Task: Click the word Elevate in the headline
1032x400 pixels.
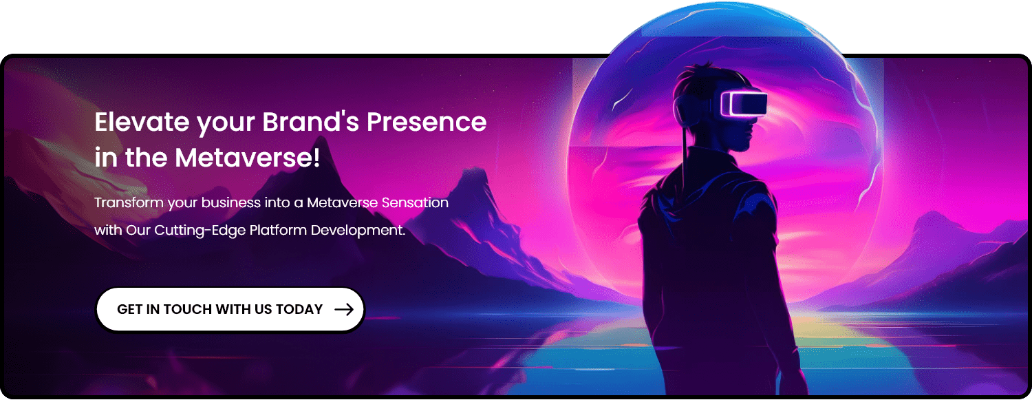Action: pos(142,122)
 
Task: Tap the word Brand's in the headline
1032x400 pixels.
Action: pos(310,122)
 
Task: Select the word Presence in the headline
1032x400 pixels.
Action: pos(427,122)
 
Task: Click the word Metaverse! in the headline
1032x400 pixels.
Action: pos(248,158)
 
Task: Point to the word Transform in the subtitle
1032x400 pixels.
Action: pos(129,202)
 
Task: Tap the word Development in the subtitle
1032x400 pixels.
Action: pos(358,230)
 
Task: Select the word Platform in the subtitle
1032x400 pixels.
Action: pos(278,230)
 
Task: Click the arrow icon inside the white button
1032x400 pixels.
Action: pos(344,309)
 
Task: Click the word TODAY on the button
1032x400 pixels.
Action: pos(299,309)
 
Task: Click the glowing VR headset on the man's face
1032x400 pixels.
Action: pos(743,104)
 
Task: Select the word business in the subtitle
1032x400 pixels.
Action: pos(230,202)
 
